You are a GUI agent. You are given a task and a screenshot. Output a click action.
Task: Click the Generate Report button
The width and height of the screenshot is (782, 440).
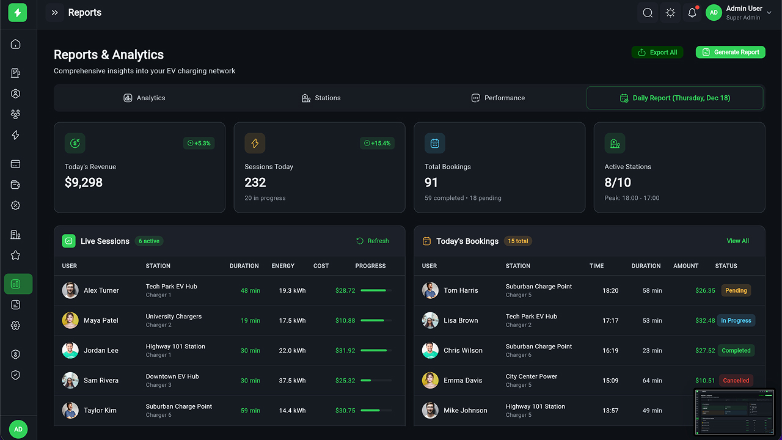(730, 53)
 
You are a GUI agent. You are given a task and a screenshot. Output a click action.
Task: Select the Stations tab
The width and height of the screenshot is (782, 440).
(321, 98)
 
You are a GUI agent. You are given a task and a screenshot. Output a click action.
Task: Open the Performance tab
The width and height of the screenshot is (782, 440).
(498, 98)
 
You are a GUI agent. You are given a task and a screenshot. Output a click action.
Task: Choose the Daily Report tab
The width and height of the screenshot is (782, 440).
(674, 98)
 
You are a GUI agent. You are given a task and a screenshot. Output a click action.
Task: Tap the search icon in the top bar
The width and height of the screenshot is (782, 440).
(648, 13)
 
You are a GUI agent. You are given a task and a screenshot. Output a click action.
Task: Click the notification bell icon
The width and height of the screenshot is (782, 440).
(692, 13)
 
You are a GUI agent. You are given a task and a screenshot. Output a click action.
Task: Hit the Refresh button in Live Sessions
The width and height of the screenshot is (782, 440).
(373, 241)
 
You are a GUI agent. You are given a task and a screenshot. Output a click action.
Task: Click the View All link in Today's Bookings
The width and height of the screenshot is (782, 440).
(737, 241)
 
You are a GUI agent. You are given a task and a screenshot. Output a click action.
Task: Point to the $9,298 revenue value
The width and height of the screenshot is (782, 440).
(84, 183)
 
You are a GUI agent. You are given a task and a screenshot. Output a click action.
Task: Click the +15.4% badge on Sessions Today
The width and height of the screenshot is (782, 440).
(377, 143)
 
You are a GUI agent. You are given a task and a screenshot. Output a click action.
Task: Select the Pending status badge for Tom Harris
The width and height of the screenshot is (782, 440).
(736, 290)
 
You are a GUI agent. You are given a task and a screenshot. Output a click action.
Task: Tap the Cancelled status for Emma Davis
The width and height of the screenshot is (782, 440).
(736, 380)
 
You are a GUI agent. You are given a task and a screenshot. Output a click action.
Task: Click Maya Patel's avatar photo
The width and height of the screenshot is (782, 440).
(70, 320)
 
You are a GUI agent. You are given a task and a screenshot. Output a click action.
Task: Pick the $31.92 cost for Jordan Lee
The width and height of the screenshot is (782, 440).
(345, 350)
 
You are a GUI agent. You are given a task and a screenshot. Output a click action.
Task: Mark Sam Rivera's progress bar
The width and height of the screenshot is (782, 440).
(376, 380)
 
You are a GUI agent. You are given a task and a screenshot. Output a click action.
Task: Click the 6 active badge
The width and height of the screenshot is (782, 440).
(149, 241)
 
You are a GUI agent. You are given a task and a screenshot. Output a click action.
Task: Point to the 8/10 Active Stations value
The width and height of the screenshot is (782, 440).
(618, 183)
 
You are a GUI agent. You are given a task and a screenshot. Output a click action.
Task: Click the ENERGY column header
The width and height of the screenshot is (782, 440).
(283, 266)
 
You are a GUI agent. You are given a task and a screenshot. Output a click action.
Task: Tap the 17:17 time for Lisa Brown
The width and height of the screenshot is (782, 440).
(610, 320)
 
